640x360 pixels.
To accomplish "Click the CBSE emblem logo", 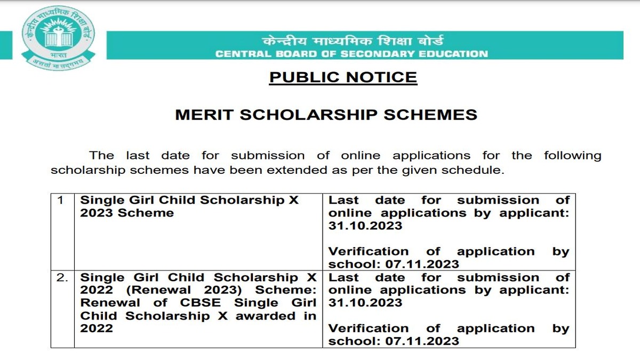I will coord(58,40).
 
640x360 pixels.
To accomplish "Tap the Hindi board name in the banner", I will coord(352,42).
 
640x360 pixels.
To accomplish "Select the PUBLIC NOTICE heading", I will coord(343,77).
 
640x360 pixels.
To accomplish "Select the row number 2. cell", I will coord(62,278).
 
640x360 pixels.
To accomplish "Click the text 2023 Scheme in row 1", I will coord(127,213).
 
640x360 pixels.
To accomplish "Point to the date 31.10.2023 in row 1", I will coord(365,226).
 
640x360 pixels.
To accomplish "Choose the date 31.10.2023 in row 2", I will coord(365,303).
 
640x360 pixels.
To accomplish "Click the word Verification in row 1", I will coord(368,252).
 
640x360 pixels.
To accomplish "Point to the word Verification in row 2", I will coord(368,329).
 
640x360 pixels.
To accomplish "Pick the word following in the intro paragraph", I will coord(572,156).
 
